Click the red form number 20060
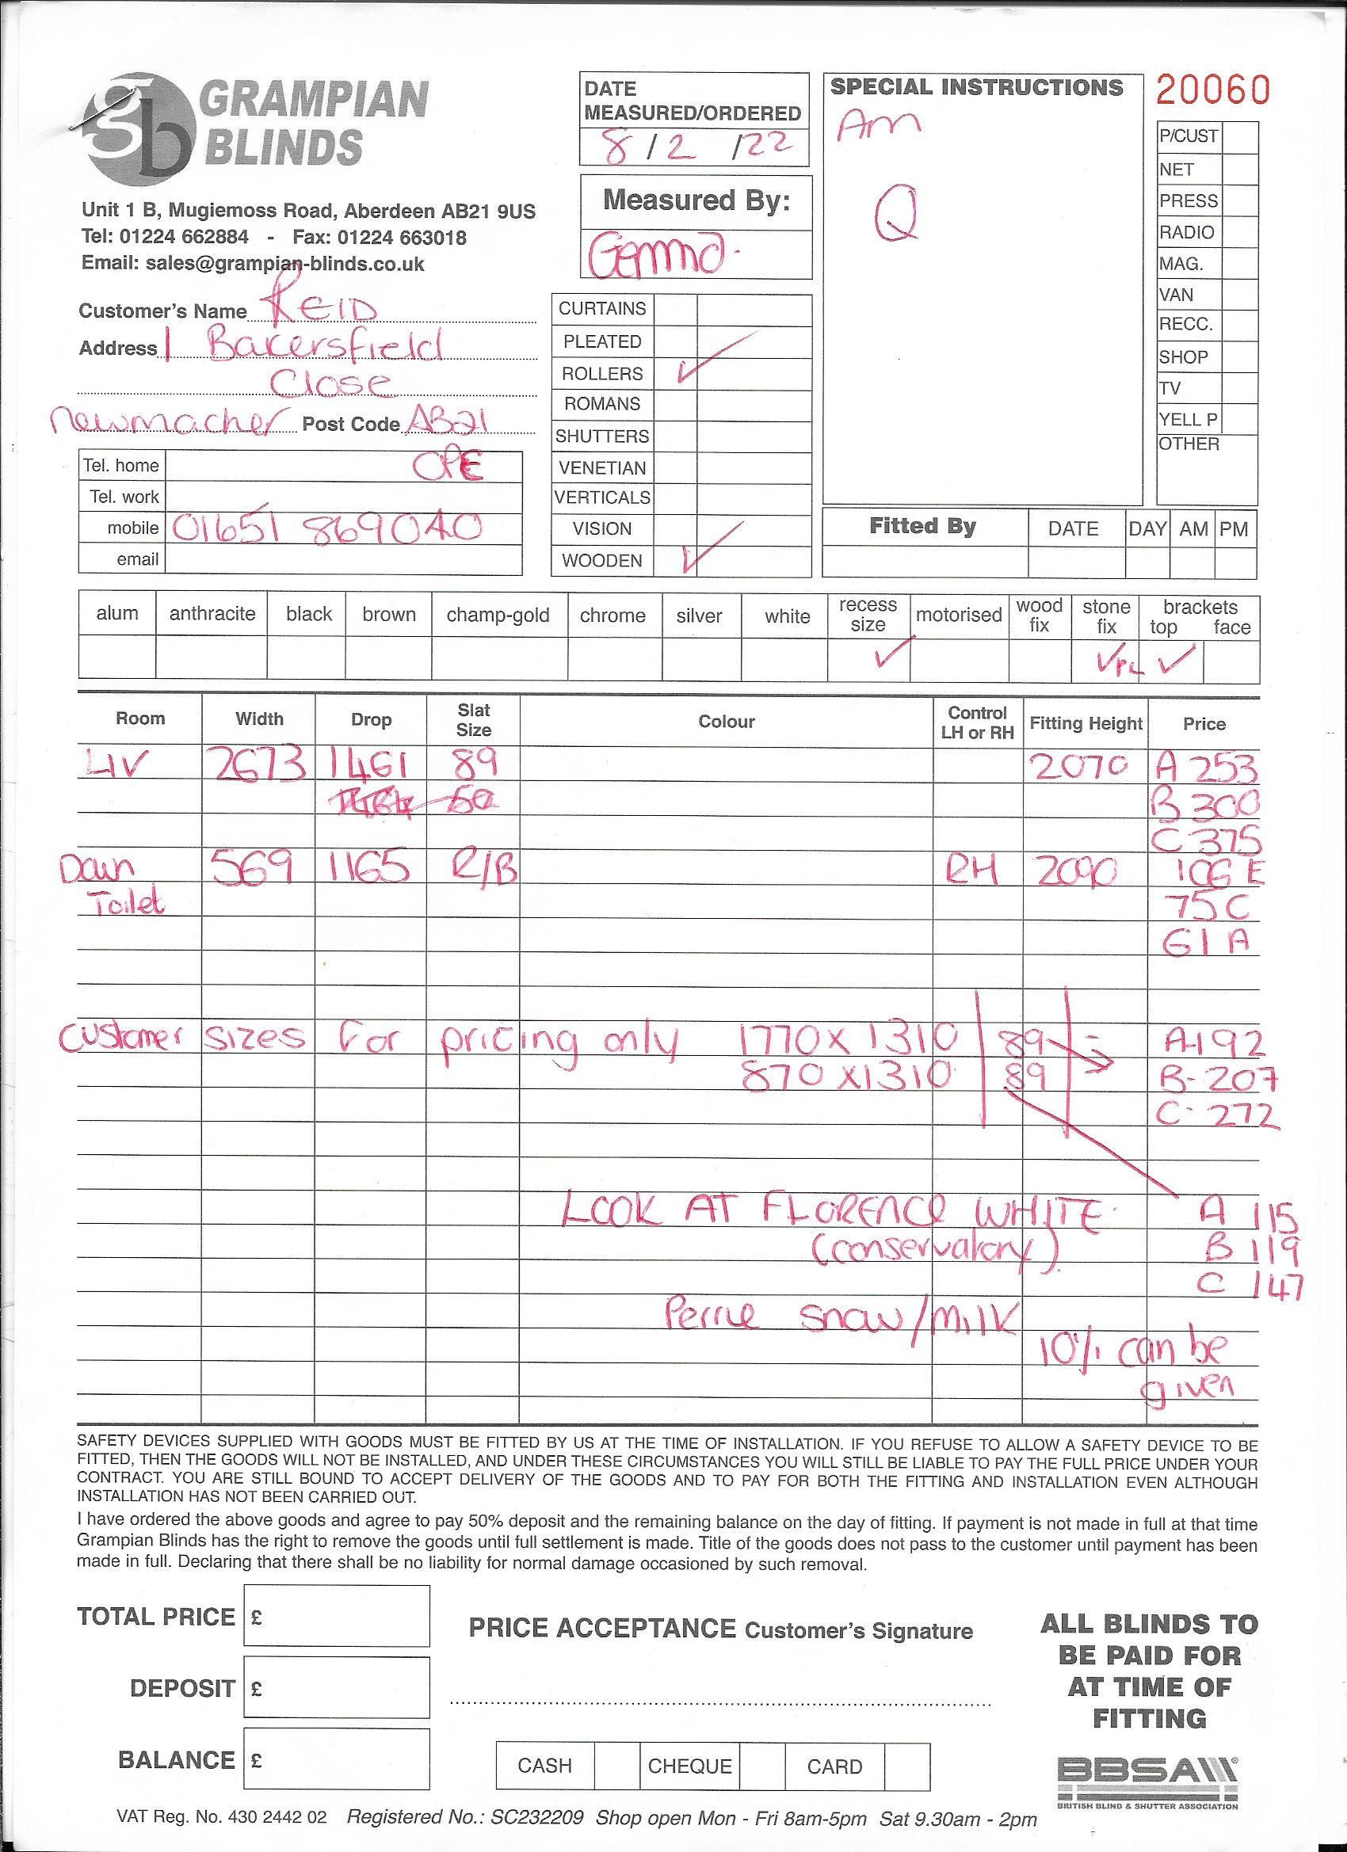tap(1212, 90)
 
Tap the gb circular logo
tap(139, 128)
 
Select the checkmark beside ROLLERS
tap(714, 358)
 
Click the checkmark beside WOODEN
tap(711, 547)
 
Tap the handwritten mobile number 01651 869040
tap(326, 529)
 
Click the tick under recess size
tap(890, 653)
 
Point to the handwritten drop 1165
tap(370, 867)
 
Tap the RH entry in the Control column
tap(971, 871)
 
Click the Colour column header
tap(725, 722)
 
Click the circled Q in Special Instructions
tap(896, 212)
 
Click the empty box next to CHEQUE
tap(761, 1766)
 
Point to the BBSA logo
tap(1147, 1782)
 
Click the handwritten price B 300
tap(1205, 805)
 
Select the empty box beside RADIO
tap(1239, 232)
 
